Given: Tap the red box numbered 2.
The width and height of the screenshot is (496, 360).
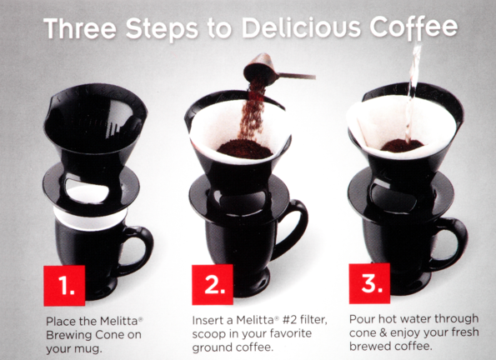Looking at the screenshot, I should tap(213, 285).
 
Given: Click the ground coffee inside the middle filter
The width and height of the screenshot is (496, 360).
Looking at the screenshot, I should tap(243, 150).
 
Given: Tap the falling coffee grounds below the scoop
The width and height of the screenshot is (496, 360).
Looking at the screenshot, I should tap(248, 112).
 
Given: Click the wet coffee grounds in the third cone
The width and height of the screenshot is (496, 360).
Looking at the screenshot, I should tap(402, 146).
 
